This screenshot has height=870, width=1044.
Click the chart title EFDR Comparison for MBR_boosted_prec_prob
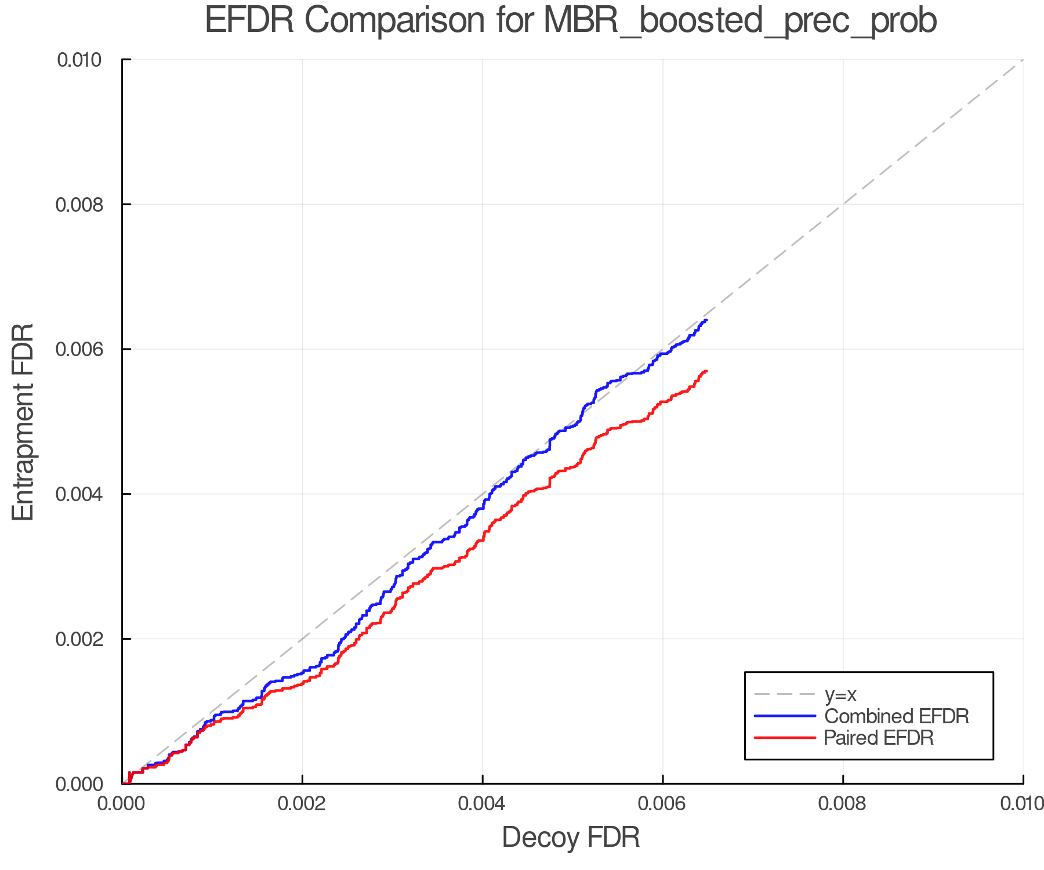[x=571, y=21]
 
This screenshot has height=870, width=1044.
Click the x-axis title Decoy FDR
[x=571, y=838]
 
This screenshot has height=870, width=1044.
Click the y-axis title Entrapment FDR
[x=23, y=422]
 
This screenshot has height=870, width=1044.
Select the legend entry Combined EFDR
[x=897, y=716]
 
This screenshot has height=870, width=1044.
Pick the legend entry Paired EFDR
[x=879, y=738]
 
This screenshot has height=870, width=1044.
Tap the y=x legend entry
[x=840, y=694]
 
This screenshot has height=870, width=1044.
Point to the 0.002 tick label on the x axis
[x=302, y=804]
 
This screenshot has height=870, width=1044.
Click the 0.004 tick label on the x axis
[x=483, y=804]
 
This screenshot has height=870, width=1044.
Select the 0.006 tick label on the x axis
[x=663, y=804]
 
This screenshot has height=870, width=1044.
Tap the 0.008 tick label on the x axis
[x=843, y=804]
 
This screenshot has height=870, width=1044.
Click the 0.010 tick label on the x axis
[x=1022, y=804]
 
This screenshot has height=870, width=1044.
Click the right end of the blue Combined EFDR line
[x=706, y=320]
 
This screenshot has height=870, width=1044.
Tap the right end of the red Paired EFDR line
[x=706, y=371]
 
